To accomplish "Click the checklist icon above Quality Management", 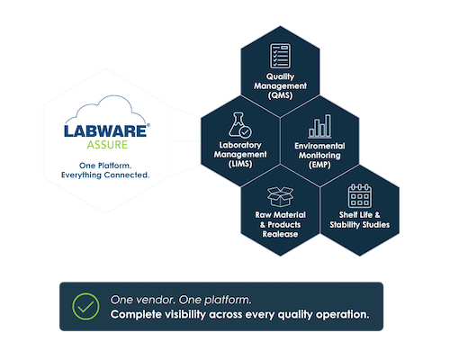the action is (x=280, y=56).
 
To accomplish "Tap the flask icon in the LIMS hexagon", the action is (x=240, y=125).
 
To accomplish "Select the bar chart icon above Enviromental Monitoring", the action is (x=319, y=126).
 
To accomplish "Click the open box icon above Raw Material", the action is (x=280, y=196).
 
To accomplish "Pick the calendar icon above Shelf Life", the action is (x=360, y=196).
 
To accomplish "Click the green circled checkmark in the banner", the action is (x=85, y=306).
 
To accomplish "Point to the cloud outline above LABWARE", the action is (x=105, y=109).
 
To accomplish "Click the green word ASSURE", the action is (x=107, y=145).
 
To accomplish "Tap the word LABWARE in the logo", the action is (x=105, y=131).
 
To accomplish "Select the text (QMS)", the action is (x=280, y=95).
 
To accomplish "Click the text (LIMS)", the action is (x=240, y=164).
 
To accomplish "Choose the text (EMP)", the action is (x=319, y=165).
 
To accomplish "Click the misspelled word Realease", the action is (x=280, y=234).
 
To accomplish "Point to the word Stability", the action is (x=345, y=225).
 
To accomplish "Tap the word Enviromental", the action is (x=319, y=146).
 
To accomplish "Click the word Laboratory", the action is (x=240, y=145).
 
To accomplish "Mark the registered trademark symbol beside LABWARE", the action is (x=148, y=125).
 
